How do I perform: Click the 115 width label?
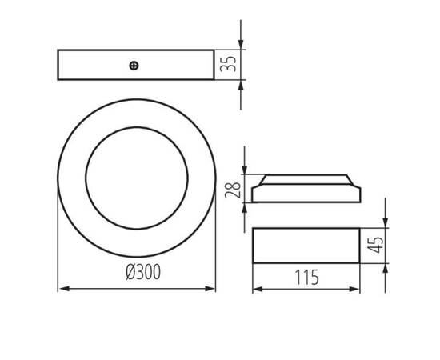click(x=306, y=277)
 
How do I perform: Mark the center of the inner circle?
click(x=136, y=175)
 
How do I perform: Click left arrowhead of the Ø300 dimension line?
click(x=62, y=288)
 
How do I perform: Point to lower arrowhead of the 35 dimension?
click(x=241, y=84)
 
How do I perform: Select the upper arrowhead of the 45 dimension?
click(x=386, y=224)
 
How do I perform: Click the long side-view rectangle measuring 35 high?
click(x=136, y=65)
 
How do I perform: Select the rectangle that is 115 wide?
click(x=306, y=245)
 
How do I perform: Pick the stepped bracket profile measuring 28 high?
click(x=306, y=187)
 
